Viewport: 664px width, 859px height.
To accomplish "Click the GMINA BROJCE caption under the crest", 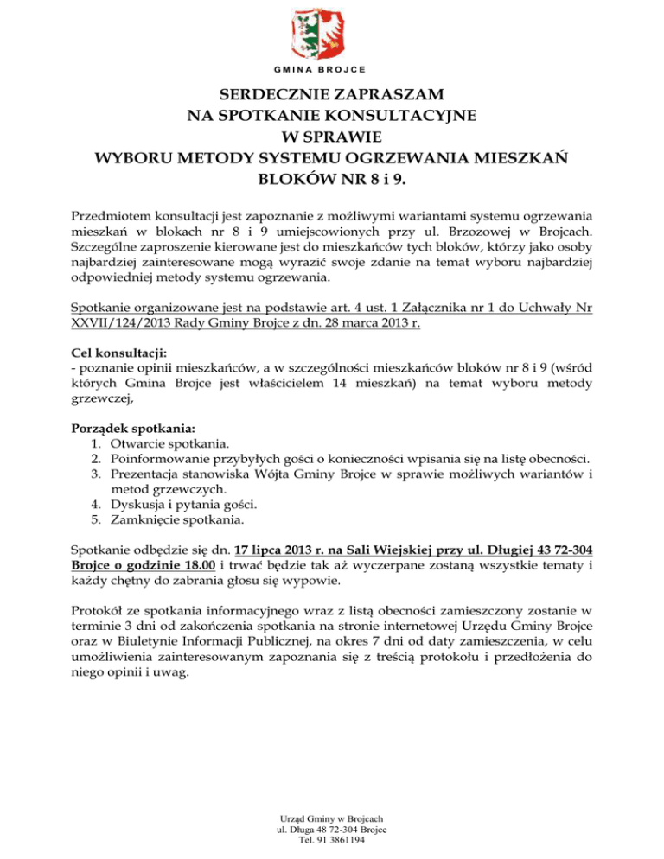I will click(332, 68).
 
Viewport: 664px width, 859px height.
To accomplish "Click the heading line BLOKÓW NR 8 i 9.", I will click(332, 182).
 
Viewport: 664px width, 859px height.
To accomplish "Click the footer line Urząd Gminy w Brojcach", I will click(332, 818).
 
